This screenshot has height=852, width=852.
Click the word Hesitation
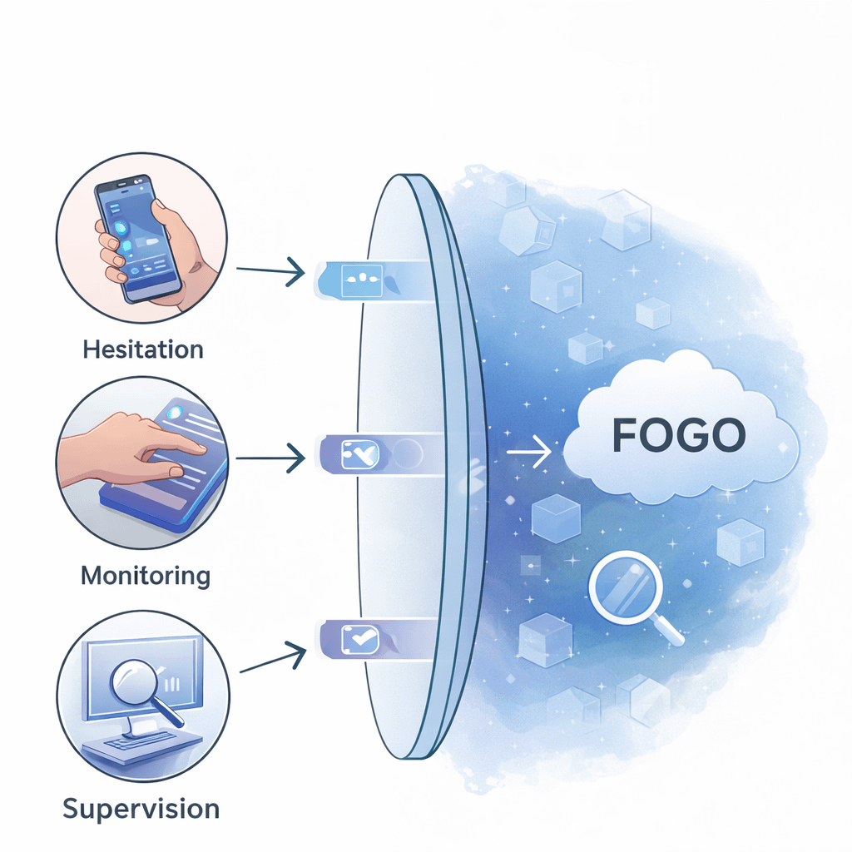point(143,348)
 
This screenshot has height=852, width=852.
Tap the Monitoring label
point(146,575)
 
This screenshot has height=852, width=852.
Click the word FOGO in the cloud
point(679,434)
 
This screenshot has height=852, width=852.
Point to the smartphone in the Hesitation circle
point(137,237)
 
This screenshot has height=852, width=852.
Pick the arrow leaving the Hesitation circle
point(270,270)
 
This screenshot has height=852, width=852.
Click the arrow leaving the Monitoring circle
point(270,457)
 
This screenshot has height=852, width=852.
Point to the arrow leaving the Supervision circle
point(270,656)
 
